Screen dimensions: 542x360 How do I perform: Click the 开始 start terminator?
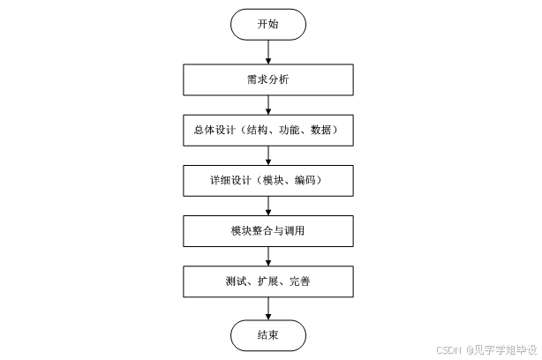267,25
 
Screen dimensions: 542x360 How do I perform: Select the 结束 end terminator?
267,335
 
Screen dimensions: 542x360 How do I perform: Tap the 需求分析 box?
267,79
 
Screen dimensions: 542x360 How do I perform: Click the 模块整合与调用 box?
267,232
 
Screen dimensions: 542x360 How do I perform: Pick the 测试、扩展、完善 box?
267,282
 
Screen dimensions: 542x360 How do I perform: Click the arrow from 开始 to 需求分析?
267,51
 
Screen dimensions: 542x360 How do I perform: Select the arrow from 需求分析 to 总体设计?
267,104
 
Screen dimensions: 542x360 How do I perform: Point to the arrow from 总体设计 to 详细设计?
267,155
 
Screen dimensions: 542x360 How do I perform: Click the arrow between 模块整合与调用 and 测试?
267,257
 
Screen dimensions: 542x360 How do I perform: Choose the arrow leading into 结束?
267,309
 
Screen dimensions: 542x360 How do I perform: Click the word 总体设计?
211,130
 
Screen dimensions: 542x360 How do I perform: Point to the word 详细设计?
229,181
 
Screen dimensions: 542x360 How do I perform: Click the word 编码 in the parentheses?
307,181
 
